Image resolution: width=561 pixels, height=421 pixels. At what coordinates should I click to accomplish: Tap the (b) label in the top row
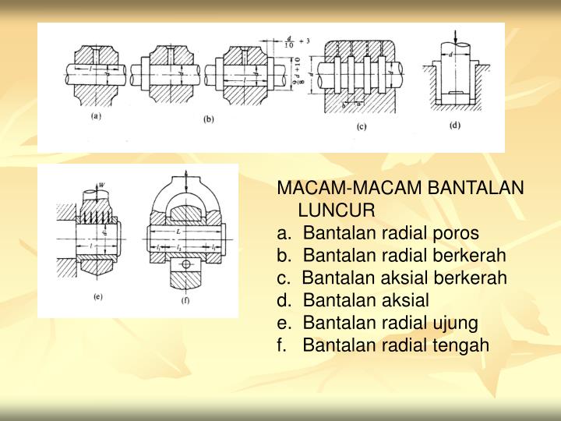click(x=209, y=119)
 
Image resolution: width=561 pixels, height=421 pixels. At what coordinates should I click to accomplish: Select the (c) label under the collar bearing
click(x=361, y=126)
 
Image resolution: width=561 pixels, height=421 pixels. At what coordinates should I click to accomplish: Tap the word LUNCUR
click(x=337, y=210)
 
